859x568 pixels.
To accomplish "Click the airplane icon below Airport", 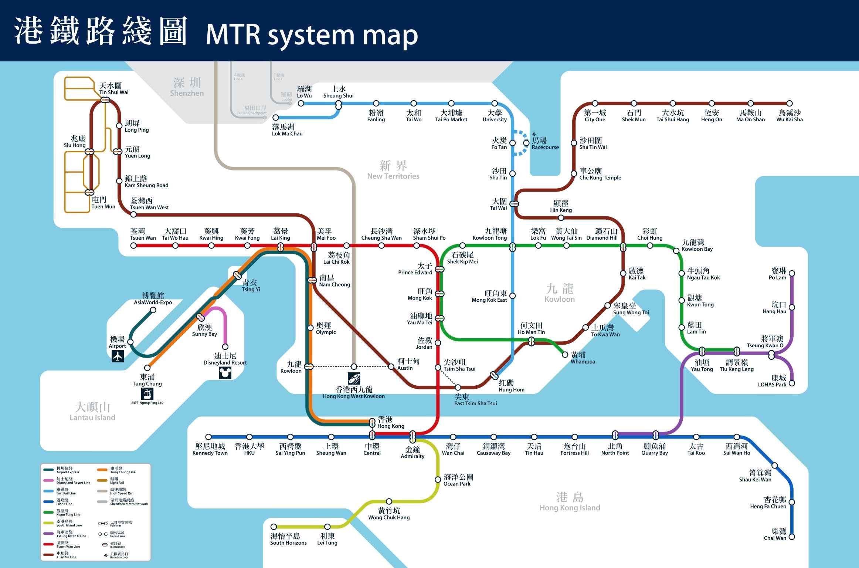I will (118, 356).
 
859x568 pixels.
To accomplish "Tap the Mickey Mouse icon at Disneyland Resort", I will (225, 373).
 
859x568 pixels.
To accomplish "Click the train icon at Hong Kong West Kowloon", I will (354, 378).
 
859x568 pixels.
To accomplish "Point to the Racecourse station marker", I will (526, 143).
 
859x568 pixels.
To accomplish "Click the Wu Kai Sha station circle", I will (790, 104).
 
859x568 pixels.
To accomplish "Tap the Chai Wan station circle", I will (792, 537).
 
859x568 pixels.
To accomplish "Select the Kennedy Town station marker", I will (208, 437).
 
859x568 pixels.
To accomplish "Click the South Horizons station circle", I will (274, 527).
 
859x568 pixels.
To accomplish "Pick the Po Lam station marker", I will (792, 274).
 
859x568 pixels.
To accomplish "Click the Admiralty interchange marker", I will (412, 437).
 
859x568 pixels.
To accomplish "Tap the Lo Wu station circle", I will (301, 104).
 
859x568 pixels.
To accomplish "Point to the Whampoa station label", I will (583, 358).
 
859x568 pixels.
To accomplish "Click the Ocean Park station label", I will (458, 480).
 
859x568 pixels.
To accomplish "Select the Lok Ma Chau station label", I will (287, 130).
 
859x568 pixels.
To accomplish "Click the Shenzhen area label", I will (187, 87).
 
